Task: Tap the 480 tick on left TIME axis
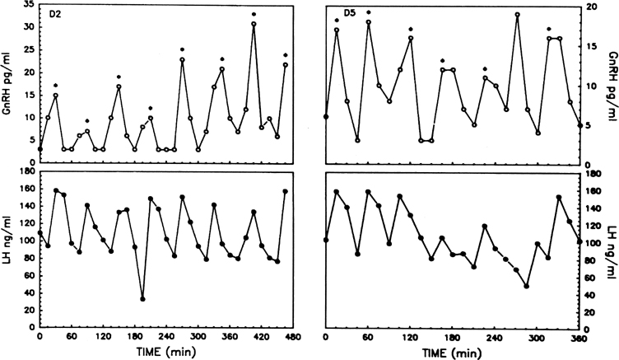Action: click(x=292, y=337)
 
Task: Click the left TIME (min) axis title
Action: click(x=165, y=352)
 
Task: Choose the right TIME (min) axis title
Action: click(x=454, y=352)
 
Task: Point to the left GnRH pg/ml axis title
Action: click(x=7, y=79)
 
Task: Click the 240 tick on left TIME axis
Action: click(x=166, y=337)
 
